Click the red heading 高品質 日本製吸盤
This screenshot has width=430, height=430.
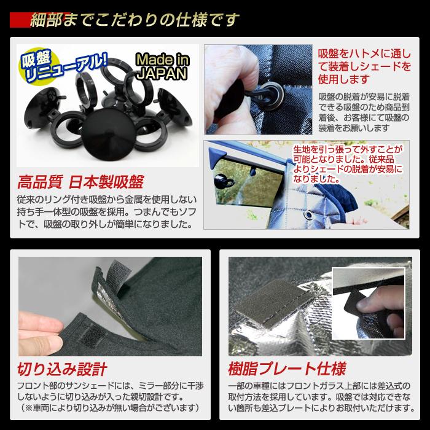(x=80, y=182)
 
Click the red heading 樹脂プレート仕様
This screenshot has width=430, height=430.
(x=286, y=369)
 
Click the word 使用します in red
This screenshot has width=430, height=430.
(x=344, y=79)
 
